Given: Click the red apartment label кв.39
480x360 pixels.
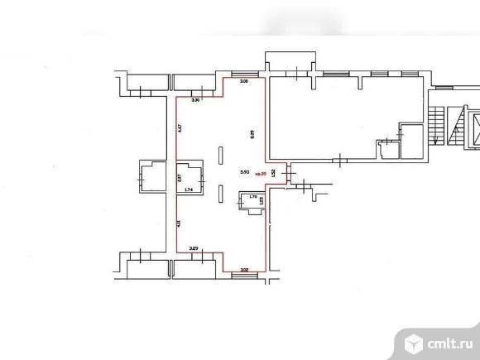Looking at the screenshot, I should point(262,174).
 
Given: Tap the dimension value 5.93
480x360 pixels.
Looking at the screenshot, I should point(244,172).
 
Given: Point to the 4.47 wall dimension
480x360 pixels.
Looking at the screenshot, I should point(180,127).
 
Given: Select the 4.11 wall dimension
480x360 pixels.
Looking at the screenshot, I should point(180,223).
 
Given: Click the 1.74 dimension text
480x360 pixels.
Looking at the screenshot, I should point(189,190).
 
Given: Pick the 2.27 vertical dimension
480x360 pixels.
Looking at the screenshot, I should point(180,175).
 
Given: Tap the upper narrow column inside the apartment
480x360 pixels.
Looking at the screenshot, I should point(219,155).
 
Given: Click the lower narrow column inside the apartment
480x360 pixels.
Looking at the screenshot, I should point(219,192).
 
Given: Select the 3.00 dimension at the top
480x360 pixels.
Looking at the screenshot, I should point(243,83).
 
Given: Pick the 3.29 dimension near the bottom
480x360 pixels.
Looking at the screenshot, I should point(194,247).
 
